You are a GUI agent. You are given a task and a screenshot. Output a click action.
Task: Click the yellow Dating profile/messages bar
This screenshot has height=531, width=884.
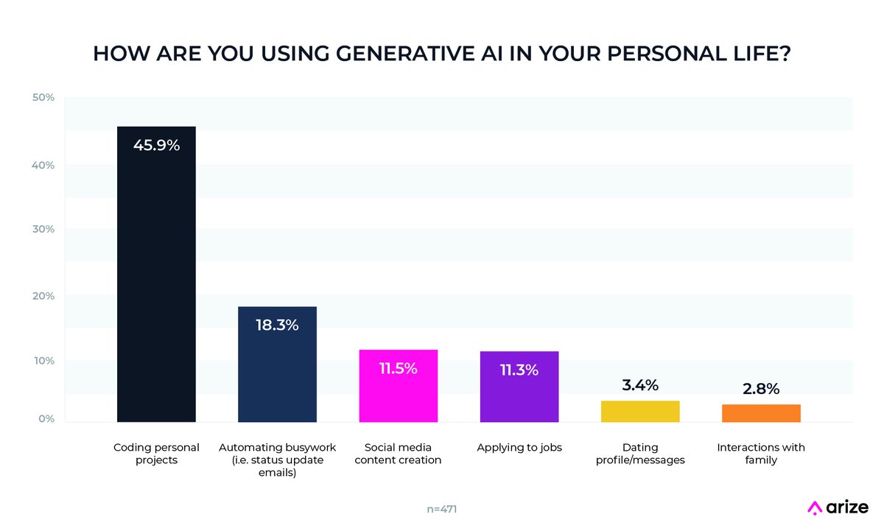pos(639,412)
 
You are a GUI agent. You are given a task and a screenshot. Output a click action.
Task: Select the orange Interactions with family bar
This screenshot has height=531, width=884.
pos(761,413)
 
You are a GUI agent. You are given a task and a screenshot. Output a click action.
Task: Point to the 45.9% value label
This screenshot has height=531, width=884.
pos(156,145)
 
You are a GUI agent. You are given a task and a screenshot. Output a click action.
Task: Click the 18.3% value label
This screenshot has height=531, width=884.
pos(277,325)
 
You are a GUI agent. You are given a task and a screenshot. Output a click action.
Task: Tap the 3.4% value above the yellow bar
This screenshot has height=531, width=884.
pos(639,385)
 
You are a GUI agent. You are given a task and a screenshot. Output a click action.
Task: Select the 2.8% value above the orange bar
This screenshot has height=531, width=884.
pos(761,389)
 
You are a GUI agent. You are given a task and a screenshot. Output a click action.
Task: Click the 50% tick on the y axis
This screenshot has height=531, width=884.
pos(43,98)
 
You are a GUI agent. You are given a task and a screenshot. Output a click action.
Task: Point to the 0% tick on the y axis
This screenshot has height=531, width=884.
pos(46,419)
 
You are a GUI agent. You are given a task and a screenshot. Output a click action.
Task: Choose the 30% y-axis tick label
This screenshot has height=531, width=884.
pos(43,229)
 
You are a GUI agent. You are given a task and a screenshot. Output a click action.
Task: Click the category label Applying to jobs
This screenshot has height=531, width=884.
pos(519,448)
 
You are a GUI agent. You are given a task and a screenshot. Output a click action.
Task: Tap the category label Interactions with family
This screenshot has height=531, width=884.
pos(761,454)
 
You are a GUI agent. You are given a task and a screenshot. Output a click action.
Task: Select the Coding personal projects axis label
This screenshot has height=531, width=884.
pos(156,454)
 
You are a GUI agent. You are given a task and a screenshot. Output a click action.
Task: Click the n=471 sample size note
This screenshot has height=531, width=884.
pos(442,508)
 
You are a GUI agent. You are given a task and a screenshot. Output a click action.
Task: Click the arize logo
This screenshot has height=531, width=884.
pos(838,507)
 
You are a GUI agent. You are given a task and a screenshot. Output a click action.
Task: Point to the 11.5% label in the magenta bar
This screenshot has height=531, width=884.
pos(398,368)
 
